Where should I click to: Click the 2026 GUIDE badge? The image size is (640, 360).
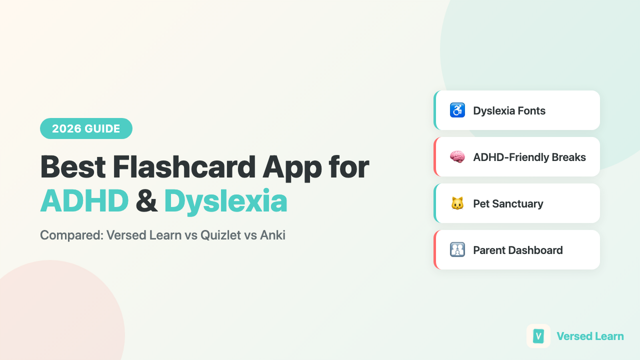86,128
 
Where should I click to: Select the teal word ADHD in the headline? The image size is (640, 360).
84,201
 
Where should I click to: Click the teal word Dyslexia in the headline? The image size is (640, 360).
225,201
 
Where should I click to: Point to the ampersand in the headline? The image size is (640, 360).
146,201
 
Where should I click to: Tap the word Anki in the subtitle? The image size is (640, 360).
272,235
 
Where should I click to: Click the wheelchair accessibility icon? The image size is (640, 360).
457,110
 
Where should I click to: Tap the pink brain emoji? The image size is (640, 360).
457,157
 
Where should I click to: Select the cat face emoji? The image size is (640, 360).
457,203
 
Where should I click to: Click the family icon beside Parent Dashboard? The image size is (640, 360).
457,250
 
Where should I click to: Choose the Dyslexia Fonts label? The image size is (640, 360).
509,110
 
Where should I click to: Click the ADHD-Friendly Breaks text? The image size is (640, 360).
529,157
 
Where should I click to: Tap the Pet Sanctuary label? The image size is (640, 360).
508,203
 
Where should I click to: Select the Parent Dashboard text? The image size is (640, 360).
518,250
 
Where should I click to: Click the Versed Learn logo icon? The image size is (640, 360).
538,336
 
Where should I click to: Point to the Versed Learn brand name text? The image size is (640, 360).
590,336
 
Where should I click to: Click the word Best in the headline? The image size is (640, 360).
72,167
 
